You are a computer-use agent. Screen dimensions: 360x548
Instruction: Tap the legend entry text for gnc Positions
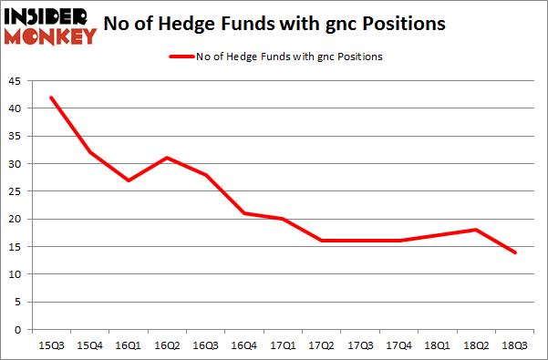289,57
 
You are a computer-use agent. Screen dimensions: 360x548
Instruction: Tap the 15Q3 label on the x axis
51,345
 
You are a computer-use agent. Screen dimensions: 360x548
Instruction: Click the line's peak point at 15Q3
50,98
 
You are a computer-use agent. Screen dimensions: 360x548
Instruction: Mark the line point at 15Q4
90,152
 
